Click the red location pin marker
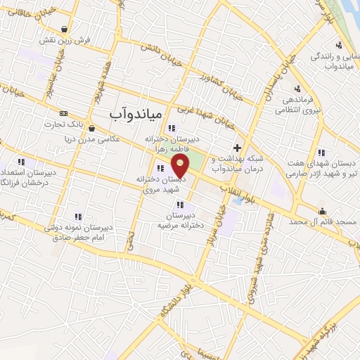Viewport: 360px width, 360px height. click(x=181, y=166)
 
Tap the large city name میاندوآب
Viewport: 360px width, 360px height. click(x=136, y=112)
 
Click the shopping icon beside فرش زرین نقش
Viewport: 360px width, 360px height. click(x=65, y=30)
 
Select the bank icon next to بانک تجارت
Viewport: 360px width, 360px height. click(x=64, y=114)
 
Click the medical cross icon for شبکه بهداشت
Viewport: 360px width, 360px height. click(x=238, y=148)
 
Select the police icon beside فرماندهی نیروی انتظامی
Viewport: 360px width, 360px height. click(x=297, y=88)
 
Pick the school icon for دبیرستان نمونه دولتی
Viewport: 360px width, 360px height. click(x=78, y=217)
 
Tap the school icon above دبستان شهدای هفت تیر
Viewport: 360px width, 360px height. click(x=321, y=153)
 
